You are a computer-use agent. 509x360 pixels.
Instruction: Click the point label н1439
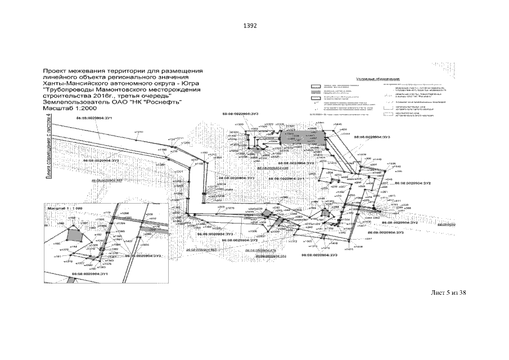pos(362,154)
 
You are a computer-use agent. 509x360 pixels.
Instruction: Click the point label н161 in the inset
pos(57,256)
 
